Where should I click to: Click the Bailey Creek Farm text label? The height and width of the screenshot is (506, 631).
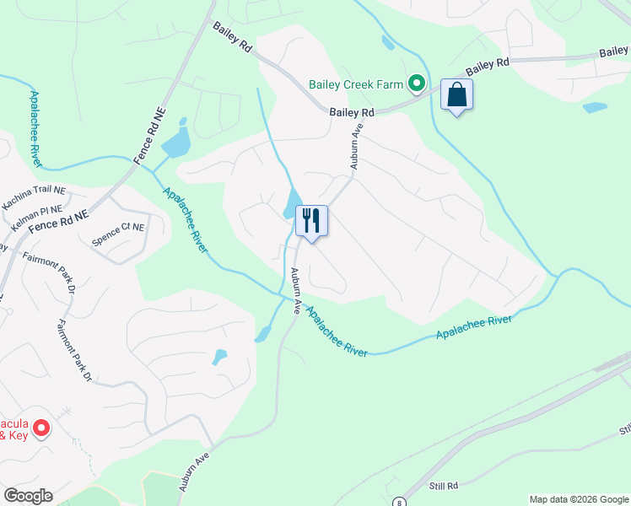pos(357,83)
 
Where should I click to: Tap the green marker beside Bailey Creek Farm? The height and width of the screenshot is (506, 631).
pos(416,83)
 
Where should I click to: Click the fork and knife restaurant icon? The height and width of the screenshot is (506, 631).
pos(311,221)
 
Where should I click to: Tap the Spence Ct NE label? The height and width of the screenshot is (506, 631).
pos(118,233)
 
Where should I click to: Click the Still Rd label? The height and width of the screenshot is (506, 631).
pos(441,487)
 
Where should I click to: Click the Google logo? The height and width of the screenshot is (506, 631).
pos(28,496)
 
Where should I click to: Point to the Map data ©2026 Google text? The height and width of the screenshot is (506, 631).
pos(578,499)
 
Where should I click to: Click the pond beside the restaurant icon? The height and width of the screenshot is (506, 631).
pos(293,202)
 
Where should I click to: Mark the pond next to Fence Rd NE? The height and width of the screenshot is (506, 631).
pos(176,143)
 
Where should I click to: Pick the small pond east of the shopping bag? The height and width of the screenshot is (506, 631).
pos(595,108)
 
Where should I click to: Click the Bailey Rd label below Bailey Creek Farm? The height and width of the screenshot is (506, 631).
pos(352,112)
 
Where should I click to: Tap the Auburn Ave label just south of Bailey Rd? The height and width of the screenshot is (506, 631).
pos(356,146)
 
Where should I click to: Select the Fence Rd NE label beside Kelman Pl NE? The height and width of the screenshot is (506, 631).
pos(58,223)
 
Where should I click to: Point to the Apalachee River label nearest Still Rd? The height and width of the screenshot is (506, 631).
pos(475,326)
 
